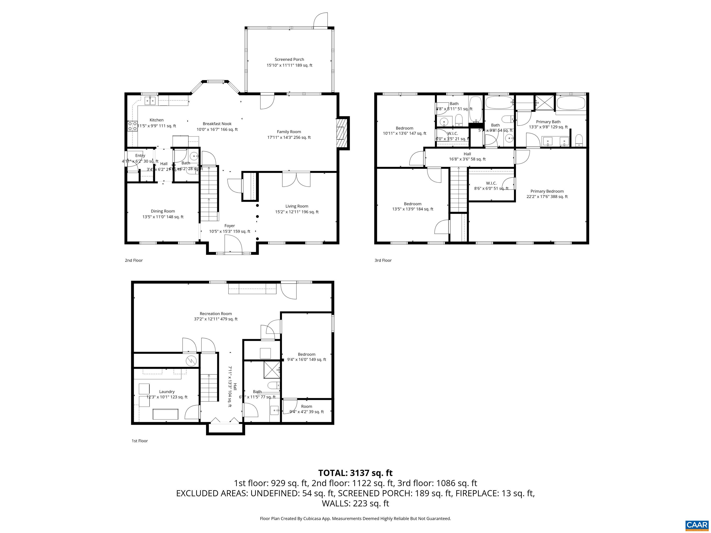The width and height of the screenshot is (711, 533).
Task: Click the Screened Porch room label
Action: tap(289, 59)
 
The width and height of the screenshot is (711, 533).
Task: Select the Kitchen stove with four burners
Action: tap(132, 126)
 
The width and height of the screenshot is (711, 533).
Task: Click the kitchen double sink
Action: tap(150, 101)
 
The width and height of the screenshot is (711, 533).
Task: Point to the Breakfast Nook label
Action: tap(217, 124)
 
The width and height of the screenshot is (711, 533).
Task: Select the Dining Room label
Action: tap(163, 211)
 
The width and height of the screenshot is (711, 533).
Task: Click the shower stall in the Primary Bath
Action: tap(545, 102)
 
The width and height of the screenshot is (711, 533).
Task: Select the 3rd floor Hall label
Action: tap(467, 154)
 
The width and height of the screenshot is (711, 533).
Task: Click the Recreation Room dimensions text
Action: tap(216, 319)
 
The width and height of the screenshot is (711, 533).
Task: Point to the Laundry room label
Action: tap(167, 392)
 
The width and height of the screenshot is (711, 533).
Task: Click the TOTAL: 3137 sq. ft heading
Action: tap(355, 473)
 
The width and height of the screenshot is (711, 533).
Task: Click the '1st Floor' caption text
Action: tap(140, 441)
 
